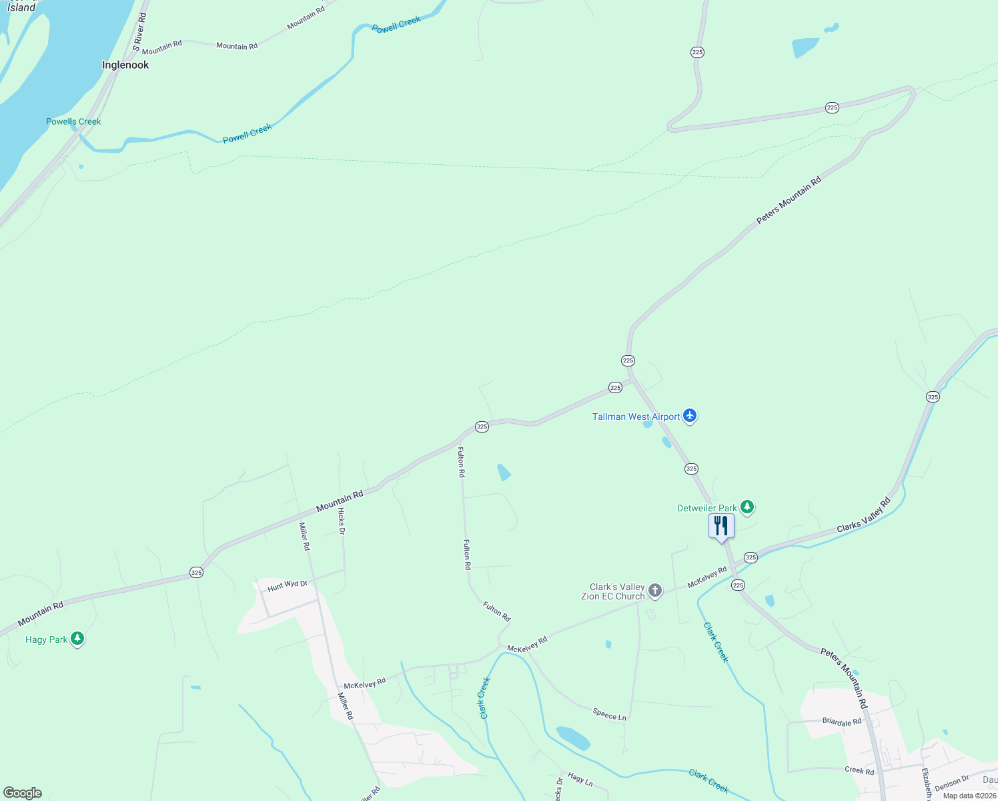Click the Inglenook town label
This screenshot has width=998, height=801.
[125, 65]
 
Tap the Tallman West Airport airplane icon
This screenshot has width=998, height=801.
[690, 417]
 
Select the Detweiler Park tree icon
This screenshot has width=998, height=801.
[748, 508]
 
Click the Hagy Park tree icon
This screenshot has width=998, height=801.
[77, 639]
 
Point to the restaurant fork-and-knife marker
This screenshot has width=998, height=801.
[721, 526]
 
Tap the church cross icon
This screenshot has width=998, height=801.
[655, 590]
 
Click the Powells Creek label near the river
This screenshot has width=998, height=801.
[73, 121]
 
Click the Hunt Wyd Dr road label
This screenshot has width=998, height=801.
[288, 585]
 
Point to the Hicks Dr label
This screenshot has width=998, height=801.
[341, 521]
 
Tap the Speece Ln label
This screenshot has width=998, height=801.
[610, 715]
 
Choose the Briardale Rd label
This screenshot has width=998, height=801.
[842, 722]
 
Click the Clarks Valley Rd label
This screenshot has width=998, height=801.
[864, 515]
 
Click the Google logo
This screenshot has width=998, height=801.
[23, 793]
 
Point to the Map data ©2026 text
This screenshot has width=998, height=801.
[969, 796]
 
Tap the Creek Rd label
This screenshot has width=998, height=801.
[859, 770]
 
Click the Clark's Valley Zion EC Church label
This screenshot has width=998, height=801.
[612, 592]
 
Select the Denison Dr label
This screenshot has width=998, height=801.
[951, 783]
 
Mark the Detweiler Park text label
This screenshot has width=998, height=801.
[707, 508]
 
